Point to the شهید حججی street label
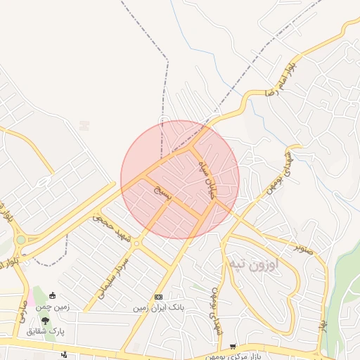click(x=112, y=227)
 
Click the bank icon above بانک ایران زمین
click(x=158, y=297)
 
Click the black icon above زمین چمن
click(x=52, y=296)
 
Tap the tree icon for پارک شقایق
click(x=45, y=321)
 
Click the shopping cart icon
click(x=233, y=347)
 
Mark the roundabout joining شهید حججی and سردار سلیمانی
click(x=136, y=244)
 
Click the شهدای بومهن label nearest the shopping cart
click(x=211, y=309)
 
